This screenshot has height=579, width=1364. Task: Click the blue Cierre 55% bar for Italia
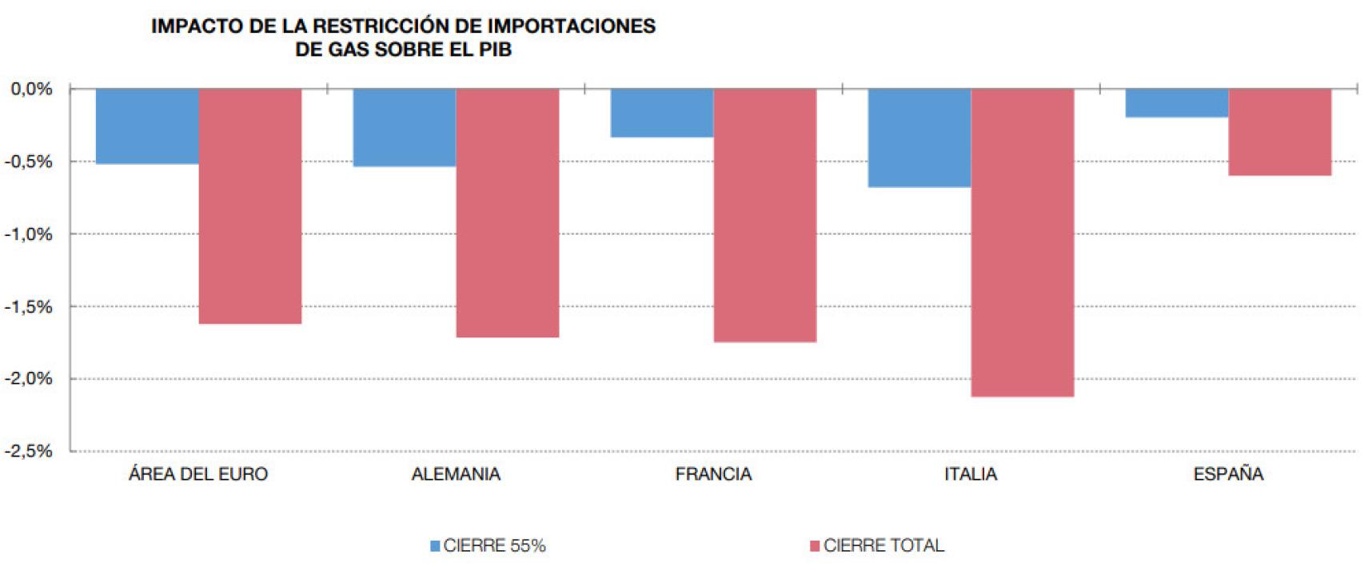(919, 138)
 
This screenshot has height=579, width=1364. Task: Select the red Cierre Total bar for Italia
(1022, 242)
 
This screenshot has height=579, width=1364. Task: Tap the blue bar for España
(1177, 103)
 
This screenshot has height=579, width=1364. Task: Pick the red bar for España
(1279, 132)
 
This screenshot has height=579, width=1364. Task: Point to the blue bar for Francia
(662, 113)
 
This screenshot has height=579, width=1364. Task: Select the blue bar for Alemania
(405, 127)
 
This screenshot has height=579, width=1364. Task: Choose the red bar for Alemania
(507, 212)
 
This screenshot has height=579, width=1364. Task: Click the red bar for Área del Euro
(249, 206)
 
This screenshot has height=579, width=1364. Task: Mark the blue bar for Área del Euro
(147, 126)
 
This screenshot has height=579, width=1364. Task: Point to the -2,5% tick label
(30, 452)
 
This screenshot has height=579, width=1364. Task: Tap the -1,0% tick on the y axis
(30, 234)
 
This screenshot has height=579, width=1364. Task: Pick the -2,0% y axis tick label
(30, 379)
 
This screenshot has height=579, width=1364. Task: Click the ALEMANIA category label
(456, 474)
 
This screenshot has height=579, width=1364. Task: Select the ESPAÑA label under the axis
(1228, 474)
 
